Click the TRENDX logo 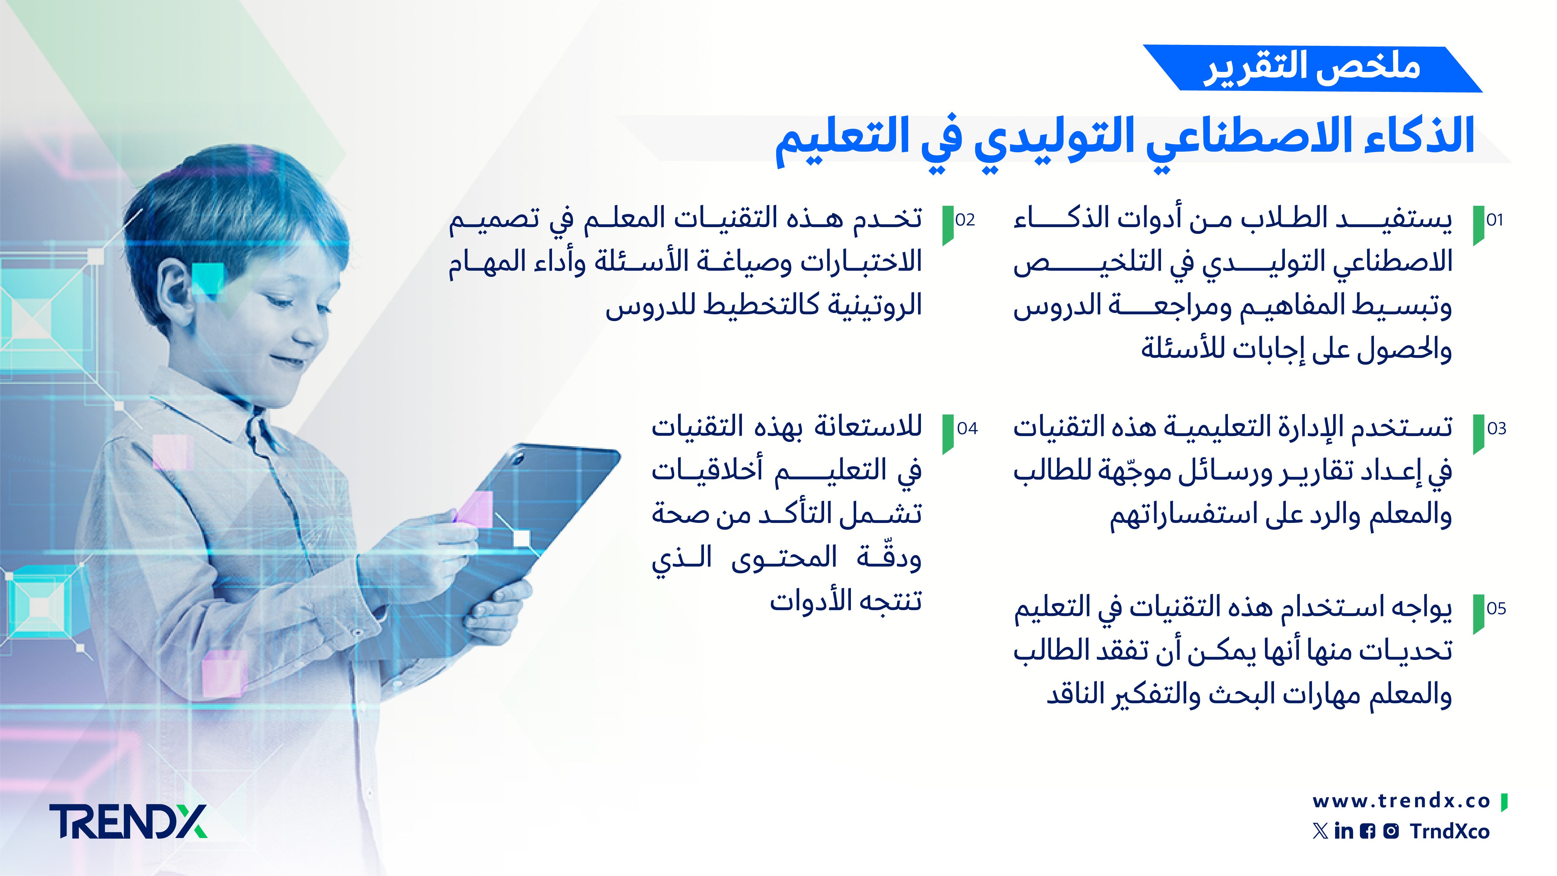click(128, 822)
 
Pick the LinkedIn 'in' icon click(1344, 831)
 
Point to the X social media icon click(1321, 831)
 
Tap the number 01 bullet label click(1495, 220)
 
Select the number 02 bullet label click(965, 220)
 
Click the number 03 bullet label click(1497, 429)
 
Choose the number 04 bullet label click(967, 429)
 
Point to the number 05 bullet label click(1496, 609)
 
